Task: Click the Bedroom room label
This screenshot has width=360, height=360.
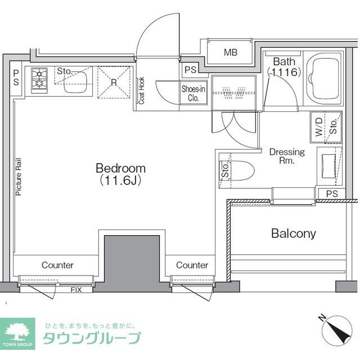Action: [120, 168]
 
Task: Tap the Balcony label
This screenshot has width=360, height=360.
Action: [293, 233]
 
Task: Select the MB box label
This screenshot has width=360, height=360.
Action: [231, 53]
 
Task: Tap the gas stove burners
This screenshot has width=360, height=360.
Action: [39, 79]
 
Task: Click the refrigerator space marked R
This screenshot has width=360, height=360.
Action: [114, 82]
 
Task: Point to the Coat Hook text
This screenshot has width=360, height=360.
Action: [142, 90]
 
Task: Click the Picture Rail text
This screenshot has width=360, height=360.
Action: [19, 176]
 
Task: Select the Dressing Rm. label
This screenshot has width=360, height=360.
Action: [287, 156]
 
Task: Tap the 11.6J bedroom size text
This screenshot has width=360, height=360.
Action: [120, 181]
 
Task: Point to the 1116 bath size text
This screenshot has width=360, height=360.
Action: [285, 72]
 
